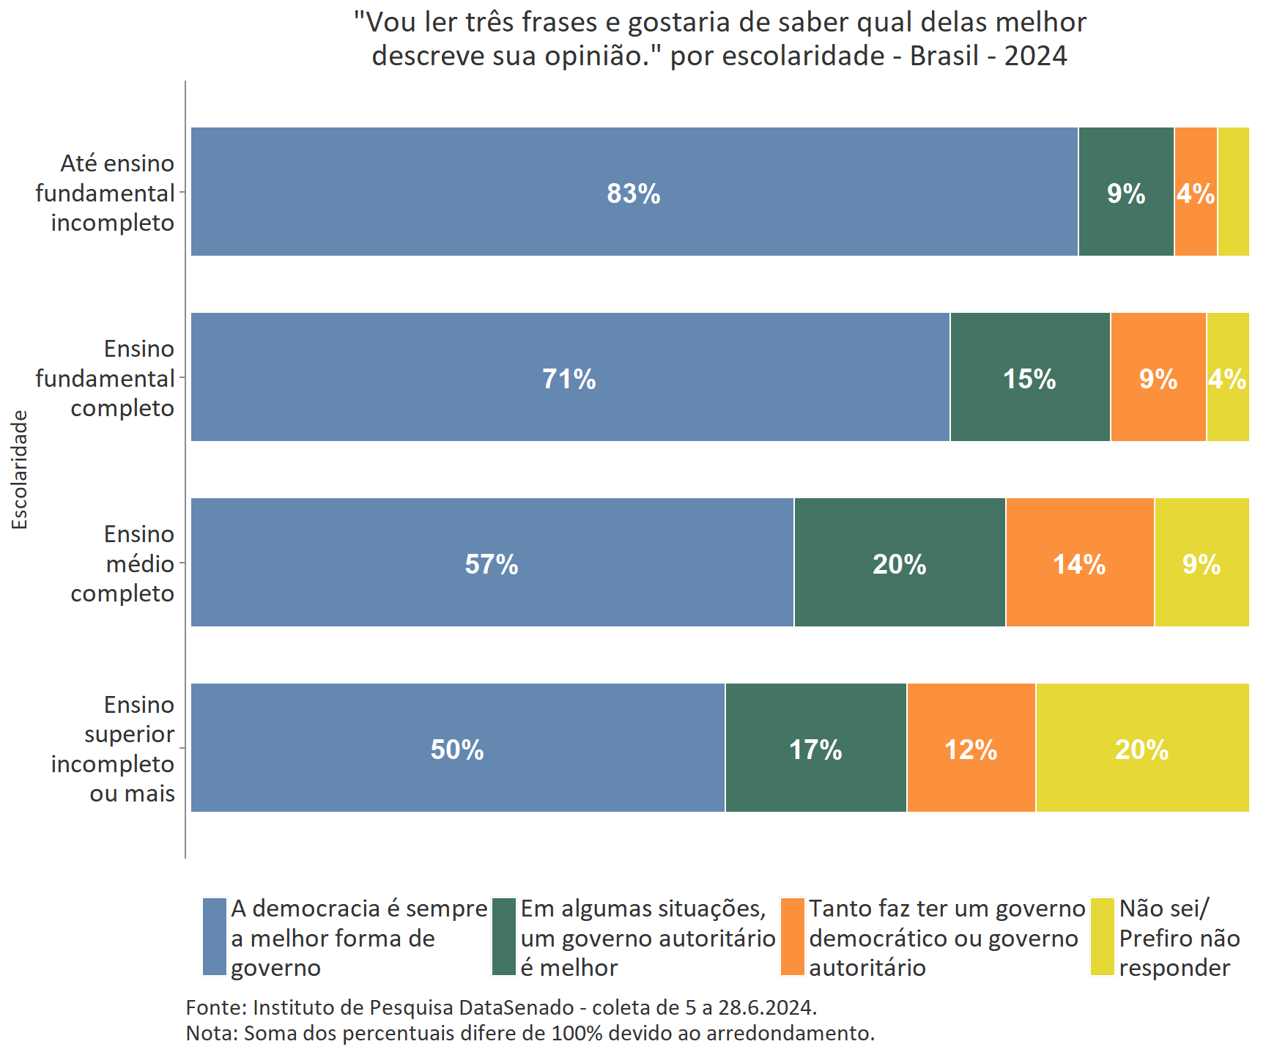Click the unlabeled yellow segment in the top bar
click(x=1234, y=192)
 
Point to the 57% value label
click(x=492, y=564)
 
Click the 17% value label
click(x=815, y=749)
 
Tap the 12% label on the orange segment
click(x=971, y=749)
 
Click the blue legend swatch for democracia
click(x=215, y=937)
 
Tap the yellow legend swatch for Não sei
click(x=1103, y=937)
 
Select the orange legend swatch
click(x=793, y=937)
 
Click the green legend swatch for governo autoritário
click(x=504, y=937)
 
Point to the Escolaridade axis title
click(x=20, y=470)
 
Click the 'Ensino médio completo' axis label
click(x=122, y=563)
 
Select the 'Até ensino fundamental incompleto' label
click(x=105, y=193)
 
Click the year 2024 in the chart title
click(x=1035, y=56)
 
